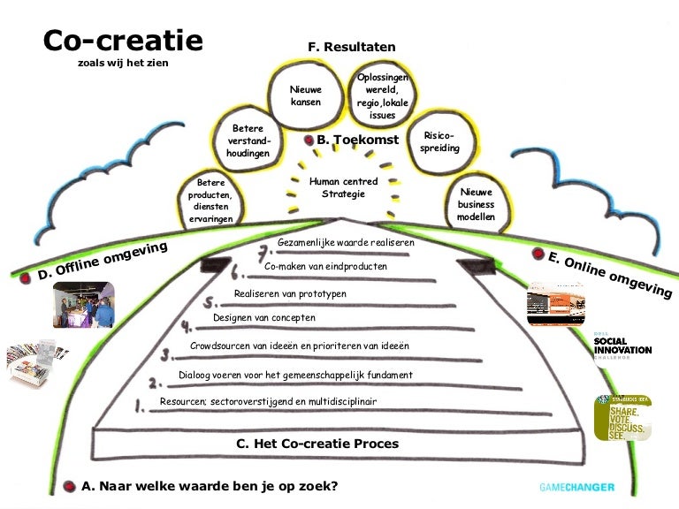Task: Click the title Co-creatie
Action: click(x=123, y=41)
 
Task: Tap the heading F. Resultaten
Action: click(x=351, y=47)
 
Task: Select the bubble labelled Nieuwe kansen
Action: click(x=306, y=95)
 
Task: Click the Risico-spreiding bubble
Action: click(x=439, y=142)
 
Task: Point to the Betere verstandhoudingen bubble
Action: click(x=247, y=141)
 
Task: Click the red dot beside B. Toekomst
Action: click(x=309, y=140)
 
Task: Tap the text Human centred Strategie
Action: click(x=343, y=187)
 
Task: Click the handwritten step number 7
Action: click(x=263, y=250)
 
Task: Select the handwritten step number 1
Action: click(x=139, y=407)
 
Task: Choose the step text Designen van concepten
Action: click(x=263, y=317)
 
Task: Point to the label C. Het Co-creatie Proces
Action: click(x=317, y=444)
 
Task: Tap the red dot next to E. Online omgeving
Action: click(x=538, y=254)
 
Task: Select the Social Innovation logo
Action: click(x=622, y=346)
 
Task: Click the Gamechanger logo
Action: click(x=576, y=487)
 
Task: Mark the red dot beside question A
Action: click(x=70, y=486)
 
